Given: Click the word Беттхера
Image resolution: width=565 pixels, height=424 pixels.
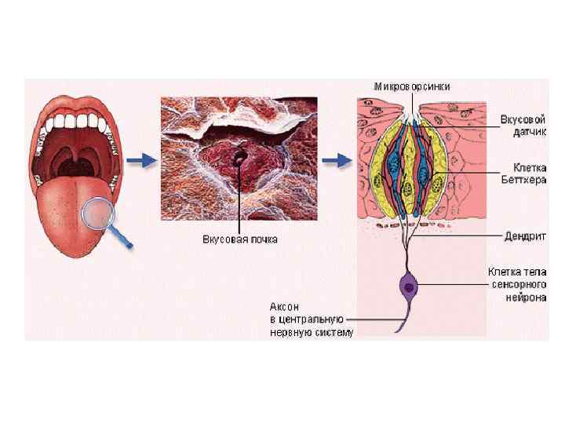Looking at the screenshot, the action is tap(519, 179).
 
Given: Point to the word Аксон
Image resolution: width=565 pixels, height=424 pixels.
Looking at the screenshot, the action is tap(284, 307).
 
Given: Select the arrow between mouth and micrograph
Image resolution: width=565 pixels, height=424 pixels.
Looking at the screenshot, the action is tap(142, 161).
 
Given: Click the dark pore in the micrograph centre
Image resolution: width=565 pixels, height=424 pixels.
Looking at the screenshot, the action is tap(237, 160).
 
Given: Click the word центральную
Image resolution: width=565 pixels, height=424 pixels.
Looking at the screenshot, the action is tap(314, 320).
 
